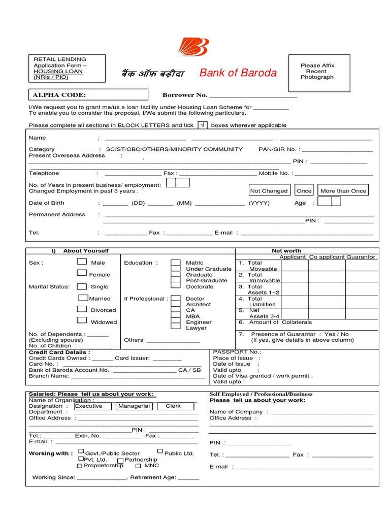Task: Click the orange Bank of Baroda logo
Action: (x=193, y=47)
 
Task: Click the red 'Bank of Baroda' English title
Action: (x=238, y=73)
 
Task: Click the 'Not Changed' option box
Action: (x=269, y=191)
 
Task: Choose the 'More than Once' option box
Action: (x=343, y=191)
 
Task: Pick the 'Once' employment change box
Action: (x=304, y=191)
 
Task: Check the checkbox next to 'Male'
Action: (x=82, y=262)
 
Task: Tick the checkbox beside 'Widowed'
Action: (x=82, y=320)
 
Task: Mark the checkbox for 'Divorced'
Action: (x=82, y=309)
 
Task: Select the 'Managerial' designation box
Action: (x=134, y=406)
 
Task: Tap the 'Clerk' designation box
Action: (x=174, y=406)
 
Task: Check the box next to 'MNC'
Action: (x=138, y=465)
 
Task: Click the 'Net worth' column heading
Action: (x=286, y=251)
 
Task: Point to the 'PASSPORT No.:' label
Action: (x=237, y=352)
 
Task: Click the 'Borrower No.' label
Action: (x=185, y=95)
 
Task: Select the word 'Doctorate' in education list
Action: (x=200, y=286)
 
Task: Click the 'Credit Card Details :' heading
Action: (x=60, y=352)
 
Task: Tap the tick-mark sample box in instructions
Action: (x=202, y=125)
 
